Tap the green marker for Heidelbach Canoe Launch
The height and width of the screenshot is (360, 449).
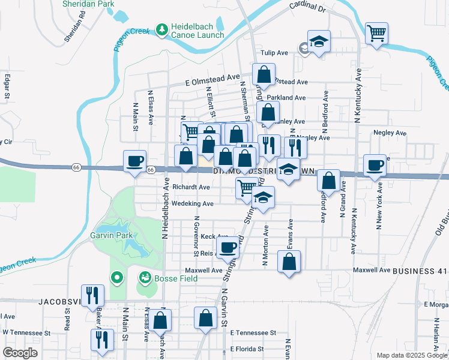[x=161, y=28]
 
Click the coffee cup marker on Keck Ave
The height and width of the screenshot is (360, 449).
[x=229, y=247]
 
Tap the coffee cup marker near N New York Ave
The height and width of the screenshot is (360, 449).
[x=375, y=165]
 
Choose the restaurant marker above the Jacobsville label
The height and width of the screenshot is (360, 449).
[x=92, y=295]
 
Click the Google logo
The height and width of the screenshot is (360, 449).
[x=20, y=353]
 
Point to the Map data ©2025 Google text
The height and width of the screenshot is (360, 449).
[x=412, y=355]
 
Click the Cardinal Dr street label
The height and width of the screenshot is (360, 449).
[x=306, y=7]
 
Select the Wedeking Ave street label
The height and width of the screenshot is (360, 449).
[x=193, y=203]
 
